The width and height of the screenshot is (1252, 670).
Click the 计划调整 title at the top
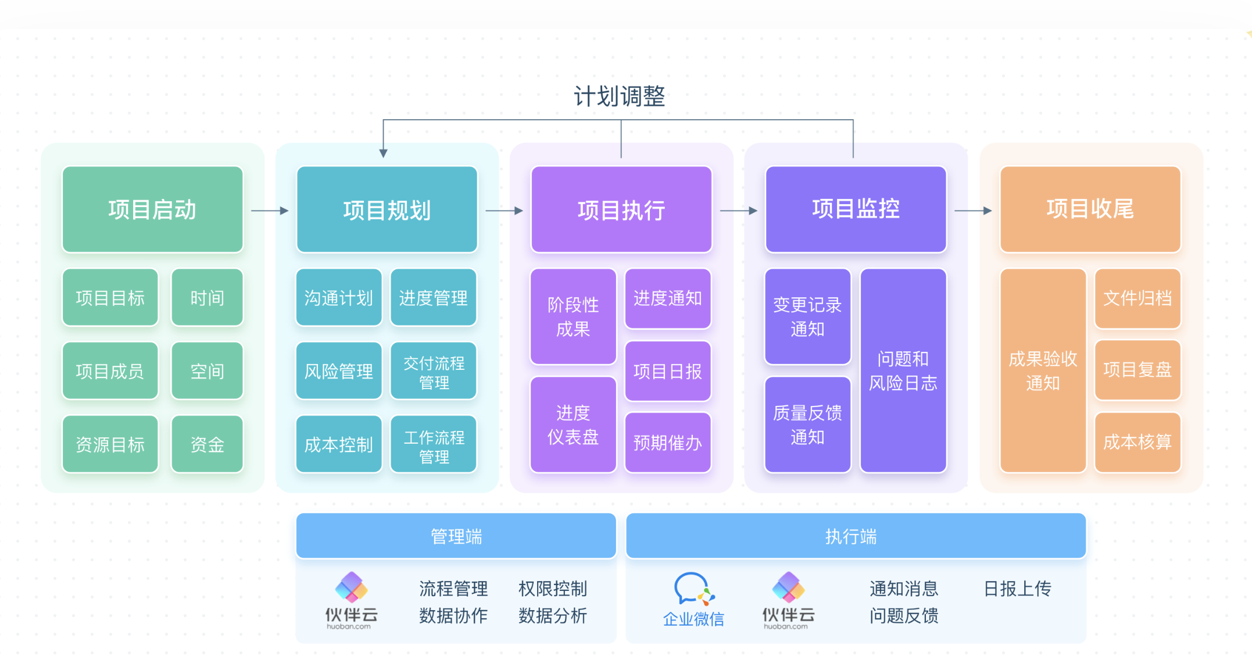[x=619, y=97]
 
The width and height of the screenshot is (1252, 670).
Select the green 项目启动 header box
[x=152, y=209]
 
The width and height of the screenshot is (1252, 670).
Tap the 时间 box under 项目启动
[x=207, y=298]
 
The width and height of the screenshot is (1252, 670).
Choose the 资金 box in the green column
[x=207, y=444]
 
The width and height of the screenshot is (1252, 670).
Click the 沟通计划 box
[x=338, y=298]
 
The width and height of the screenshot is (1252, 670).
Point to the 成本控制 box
[x=338, y=444]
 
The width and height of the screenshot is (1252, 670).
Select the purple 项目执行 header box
[x=621, y=209]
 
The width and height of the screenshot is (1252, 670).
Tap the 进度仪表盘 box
[x=573, y=425]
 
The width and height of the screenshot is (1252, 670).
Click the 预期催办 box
[x=668, y=443]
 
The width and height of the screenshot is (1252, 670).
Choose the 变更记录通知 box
[x=807, y=316]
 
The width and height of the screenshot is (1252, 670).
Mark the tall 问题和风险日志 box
[x=903, y=370]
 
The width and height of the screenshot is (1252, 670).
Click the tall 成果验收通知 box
[x=1043, y=370]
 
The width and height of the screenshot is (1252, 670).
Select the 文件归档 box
[x=1137, y=298]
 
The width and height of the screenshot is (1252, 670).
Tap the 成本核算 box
[x=1137, y=442]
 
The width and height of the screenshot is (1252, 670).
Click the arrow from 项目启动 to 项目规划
[x=270, y=211]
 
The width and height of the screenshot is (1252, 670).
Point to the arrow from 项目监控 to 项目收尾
[x=973, y=211]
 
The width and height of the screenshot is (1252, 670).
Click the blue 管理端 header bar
[x=456, y=536]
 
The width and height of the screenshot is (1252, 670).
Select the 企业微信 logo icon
[x=693, y=589]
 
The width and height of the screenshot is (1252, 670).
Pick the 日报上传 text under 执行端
[x=1017, y=589]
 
